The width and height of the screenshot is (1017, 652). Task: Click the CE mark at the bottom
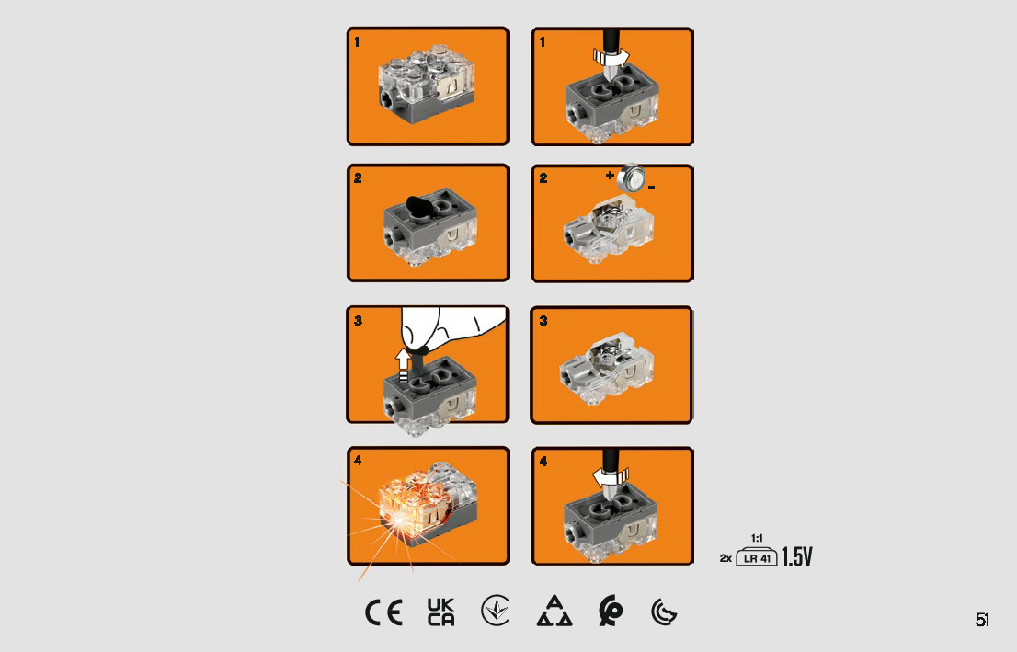[x=383, y=612]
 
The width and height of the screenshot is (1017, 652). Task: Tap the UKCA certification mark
[x=441, y=612]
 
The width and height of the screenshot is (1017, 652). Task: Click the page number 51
[x=983, y=620]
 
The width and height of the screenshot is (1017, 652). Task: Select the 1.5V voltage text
[x=797, y=556]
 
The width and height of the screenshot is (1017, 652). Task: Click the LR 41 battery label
[x=757, y=557]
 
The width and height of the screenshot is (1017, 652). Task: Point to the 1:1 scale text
[x=757, y=538]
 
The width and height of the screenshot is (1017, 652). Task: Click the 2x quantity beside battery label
[x=726, y=558]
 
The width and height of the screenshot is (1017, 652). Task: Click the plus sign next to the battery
[x=610, y=175]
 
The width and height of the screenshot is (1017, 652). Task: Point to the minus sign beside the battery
[x=651, y=189]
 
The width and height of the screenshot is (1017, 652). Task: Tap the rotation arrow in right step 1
[x=611, y=59]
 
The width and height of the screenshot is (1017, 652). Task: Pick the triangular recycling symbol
[x=554, y=611]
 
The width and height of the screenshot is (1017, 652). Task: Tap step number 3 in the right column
[x=543, y=321]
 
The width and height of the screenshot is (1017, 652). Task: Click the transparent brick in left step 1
[x=427, y=85]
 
